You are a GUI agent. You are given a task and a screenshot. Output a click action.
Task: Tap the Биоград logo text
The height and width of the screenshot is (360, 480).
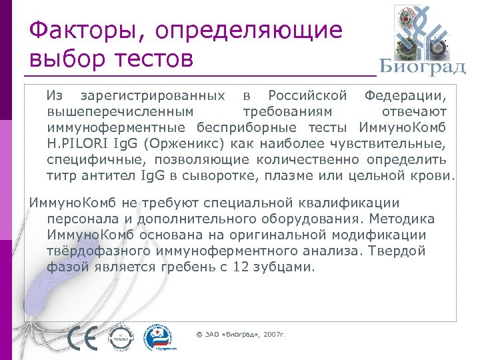(422, 67)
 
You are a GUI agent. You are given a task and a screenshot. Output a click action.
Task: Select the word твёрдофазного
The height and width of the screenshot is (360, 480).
(99, 251)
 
